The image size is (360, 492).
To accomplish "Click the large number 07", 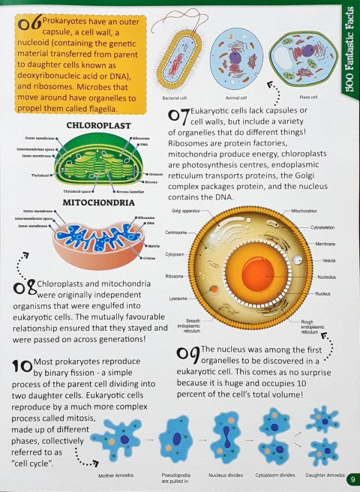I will point(178,116).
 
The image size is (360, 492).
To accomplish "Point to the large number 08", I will point(22,287).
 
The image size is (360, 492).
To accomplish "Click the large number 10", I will point(21,366).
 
